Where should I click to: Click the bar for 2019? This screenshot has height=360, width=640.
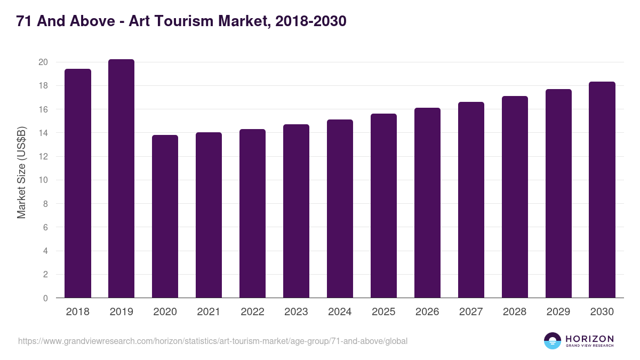[x=121, y=179]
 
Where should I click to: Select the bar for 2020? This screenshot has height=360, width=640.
[x=165, y=217]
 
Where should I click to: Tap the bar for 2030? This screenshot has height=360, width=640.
[x=602, y=190]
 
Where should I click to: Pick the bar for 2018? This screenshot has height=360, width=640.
[x=77, y=183]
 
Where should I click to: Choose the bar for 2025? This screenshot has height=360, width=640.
[x=383, y=206]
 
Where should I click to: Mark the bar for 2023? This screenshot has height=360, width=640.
[x=296, y=211]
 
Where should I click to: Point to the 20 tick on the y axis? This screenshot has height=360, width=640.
[x=43, y=62]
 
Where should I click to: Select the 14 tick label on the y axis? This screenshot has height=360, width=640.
[x=43, y=133]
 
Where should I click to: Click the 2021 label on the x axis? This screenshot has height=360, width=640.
[x=209, y=312]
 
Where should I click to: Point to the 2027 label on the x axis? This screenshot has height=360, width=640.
[x=471, y=312]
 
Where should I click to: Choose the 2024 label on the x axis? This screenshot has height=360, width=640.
[x=340, y=312]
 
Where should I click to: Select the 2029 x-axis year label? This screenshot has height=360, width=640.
[x=558, y=312]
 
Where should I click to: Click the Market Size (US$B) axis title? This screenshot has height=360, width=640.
[x=22, y=172]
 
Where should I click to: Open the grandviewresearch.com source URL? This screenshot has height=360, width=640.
[x=213, y=341]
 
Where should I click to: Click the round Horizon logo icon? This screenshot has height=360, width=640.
[x=553, y=341]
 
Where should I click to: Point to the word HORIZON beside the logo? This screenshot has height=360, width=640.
[x=589, y=338]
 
